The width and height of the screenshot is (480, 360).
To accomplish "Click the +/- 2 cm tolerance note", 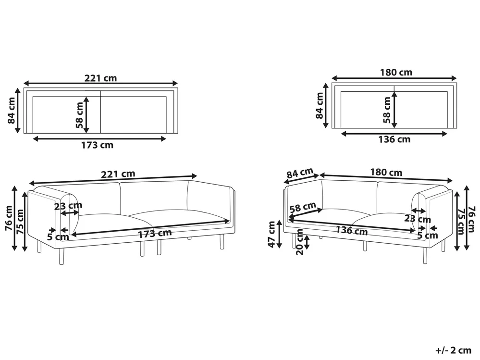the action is coord(453,350).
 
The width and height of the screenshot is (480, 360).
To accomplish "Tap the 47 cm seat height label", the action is coord(271,234).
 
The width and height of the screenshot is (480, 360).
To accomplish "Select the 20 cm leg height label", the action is coord(300,242).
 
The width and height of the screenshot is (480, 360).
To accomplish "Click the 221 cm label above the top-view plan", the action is coord(101,78).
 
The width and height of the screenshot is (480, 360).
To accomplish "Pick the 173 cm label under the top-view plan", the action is coord(97,145).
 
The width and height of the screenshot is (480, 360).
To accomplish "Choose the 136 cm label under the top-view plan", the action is coord(394,139).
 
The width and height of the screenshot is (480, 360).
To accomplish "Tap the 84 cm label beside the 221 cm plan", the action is coord(12,111).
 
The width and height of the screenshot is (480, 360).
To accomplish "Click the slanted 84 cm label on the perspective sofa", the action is coord(300,173).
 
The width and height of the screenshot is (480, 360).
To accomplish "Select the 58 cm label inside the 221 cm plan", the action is coord(79,115).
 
